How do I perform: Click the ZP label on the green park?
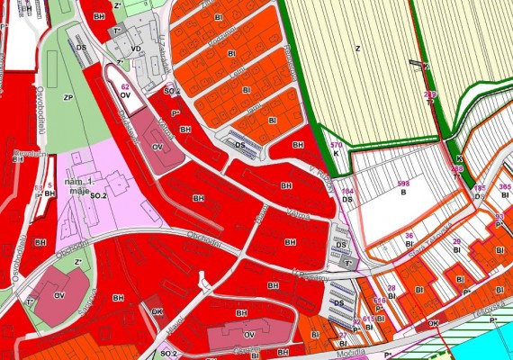(x=67, y=95)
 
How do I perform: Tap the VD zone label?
(x=136, y=49)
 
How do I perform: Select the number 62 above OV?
(x=125, y=86)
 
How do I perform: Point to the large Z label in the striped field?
(x=357, y=49)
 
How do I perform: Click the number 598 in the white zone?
(x=402, y=184)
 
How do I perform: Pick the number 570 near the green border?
(x=337, y=144)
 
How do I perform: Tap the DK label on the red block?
(x=156, y=311)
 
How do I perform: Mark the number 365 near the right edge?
(x=505, y=186)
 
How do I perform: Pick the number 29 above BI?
(x=457, y=241)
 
